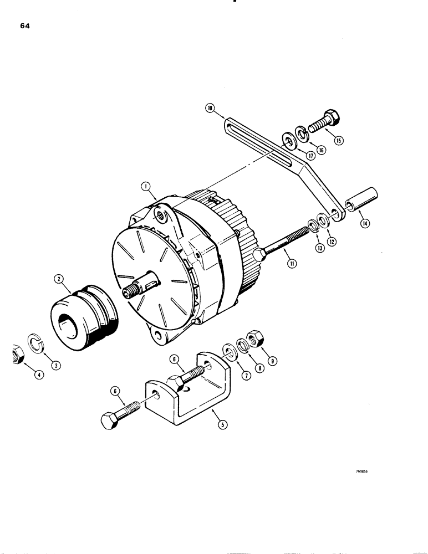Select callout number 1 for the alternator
[x=146, y=188]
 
